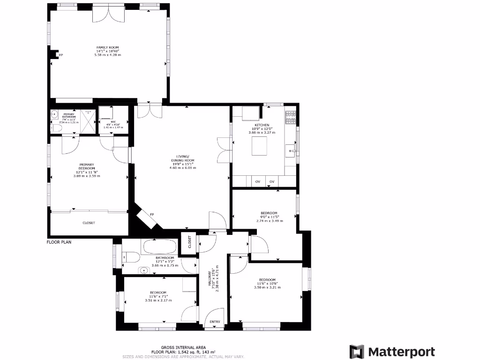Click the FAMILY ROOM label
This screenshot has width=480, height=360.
pyautogui.click(x=108, y=47)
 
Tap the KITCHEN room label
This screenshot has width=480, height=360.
pyautogui.click(x=262, y=125)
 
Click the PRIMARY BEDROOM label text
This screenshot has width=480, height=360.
pyautogui.click(x=87, y=166)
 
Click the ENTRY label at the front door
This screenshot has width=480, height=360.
pyautogui.click(x=215, y=322)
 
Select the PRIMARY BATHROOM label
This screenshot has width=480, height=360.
pyautogui.click(x=69, y=116)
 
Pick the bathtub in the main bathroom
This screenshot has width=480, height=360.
pyautogui.click(x=159, y=247)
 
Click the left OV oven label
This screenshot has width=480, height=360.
pyautogui.click(x=257, y=182)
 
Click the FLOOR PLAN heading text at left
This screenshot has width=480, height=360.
pyautogui.click(x=59, y=242)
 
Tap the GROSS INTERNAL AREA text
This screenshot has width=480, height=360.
pyautogui.click(x=183, y=347)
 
